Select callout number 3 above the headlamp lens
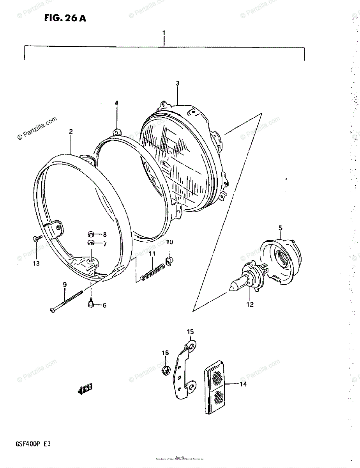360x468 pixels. (x=177, y=83)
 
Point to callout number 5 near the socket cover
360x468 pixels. (x=281, y=228)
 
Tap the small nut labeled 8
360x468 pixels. (x=90, y=234)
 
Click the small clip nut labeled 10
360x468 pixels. (x=169, y=260)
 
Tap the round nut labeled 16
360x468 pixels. (x=165, y=369)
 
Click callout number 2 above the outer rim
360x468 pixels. (x=71, y=132)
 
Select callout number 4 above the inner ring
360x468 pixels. (x=116, y=103)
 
